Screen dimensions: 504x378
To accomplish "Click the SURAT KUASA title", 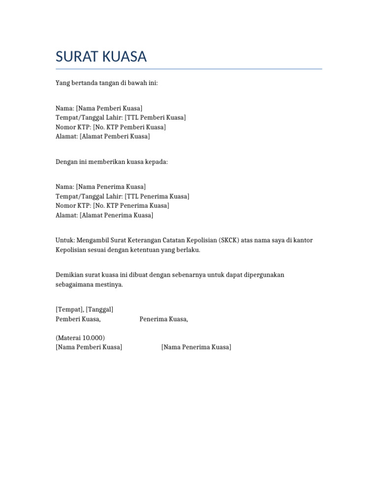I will (101, 57).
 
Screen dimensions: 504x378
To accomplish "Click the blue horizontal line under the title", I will (189, 69).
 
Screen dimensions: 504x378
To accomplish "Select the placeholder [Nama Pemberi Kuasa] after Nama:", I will (109, 108).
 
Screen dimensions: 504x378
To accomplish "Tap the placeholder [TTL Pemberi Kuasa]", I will (155, 117).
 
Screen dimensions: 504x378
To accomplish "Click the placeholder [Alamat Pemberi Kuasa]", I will (115, 136).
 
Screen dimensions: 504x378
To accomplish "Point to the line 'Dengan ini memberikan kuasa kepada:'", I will (112, 161).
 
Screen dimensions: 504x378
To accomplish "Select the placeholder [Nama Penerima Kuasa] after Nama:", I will (111, 187).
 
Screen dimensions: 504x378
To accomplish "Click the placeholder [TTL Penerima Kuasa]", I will (157, 196).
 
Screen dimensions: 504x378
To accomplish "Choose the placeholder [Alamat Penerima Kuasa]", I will (116, 215).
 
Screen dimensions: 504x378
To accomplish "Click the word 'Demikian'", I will (68, 275).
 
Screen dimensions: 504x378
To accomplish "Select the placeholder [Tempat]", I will (69, 309).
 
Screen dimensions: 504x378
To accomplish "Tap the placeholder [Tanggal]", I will (99, 309).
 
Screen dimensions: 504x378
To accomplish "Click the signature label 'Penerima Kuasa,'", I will (163, 319).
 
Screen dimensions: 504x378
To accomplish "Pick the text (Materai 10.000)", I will (80, 338).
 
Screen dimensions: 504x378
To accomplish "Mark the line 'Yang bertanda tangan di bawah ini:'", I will (106, 83).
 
